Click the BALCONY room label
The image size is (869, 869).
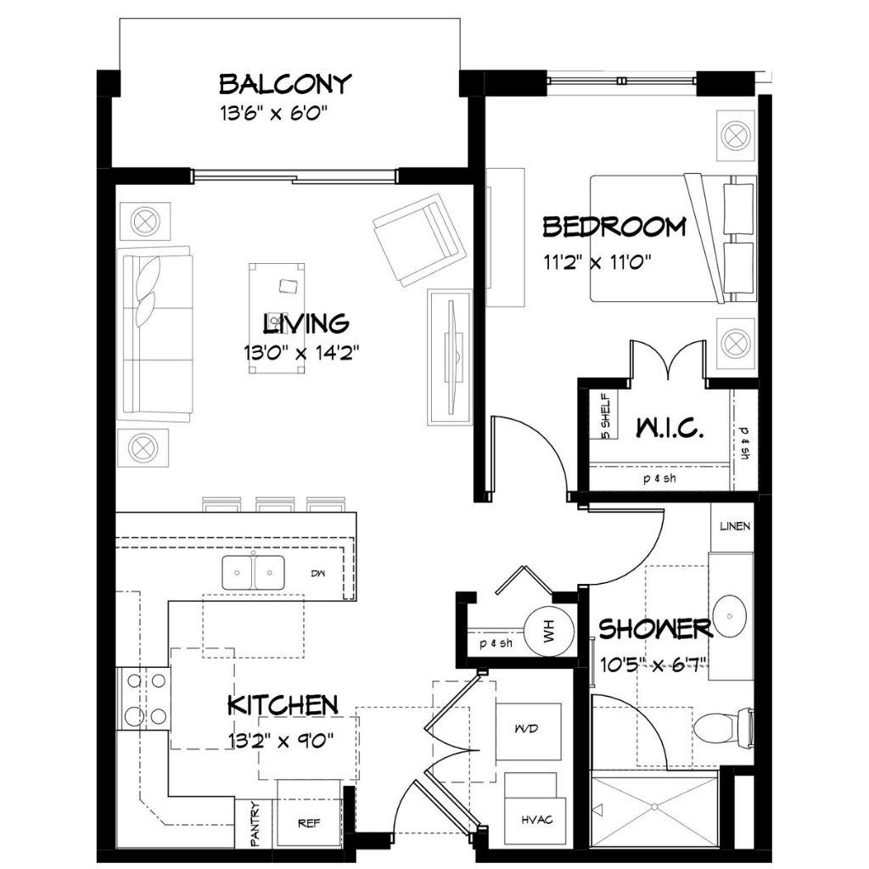[285, 84]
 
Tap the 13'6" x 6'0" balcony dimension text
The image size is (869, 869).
[275, 115]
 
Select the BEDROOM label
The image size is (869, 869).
[614, 227]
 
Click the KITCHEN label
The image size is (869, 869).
[283, 705]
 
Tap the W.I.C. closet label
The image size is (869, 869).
[670, 428]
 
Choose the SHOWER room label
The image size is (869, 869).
[655, 629]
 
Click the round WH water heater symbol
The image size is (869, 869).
[548, 631]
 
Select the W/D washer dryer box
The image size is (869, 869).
[528, 732]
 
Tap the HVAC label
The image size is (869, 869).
[536, 819]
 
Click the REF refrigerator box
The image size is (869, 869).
[309, 813]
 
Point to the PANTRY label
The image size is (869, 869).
[255, 824]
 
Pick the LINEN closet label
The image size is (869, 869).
[735, 526]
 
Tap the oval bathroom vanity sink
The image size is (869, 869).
[731, 616]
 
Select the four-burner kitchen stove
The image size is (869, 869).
[143, 698]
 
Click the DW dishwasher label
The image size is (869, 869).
[318, 574]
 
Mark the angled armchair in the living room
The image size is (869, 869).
[418, 239]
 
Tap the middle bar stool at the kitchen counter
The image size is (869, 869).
[274, 504]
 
